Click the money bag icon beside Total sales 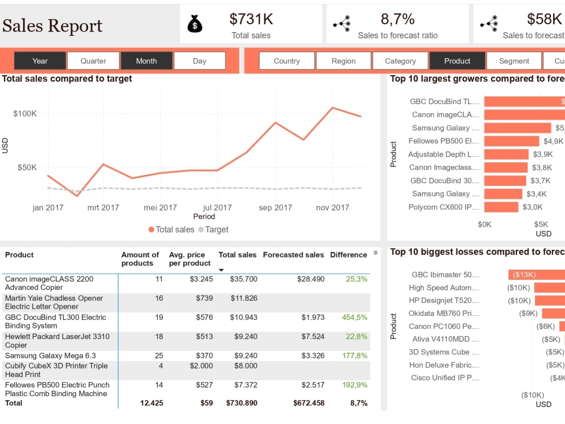tap(194, 24)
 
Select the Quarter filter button tap(93, 61)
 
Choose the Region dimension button tap(344, 61)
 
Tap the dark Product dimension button tap(457, 61)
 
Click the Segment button tap(514, 61)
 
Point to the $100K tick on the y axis tap(25, 114)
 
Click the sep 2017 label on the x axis tap(275, 207)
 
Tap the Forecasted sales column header tap(293, 255)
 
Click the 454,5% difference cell tap(354, 318)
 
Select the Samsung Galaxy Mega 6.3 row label tap(50, 356)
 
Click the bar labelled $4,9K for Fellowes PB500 tap(511, 141)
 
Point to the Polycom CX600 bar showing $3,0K tap(501, 207)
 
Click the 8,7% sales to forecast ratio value tap(398, 19)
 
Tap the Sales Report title tap(52, 25)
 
